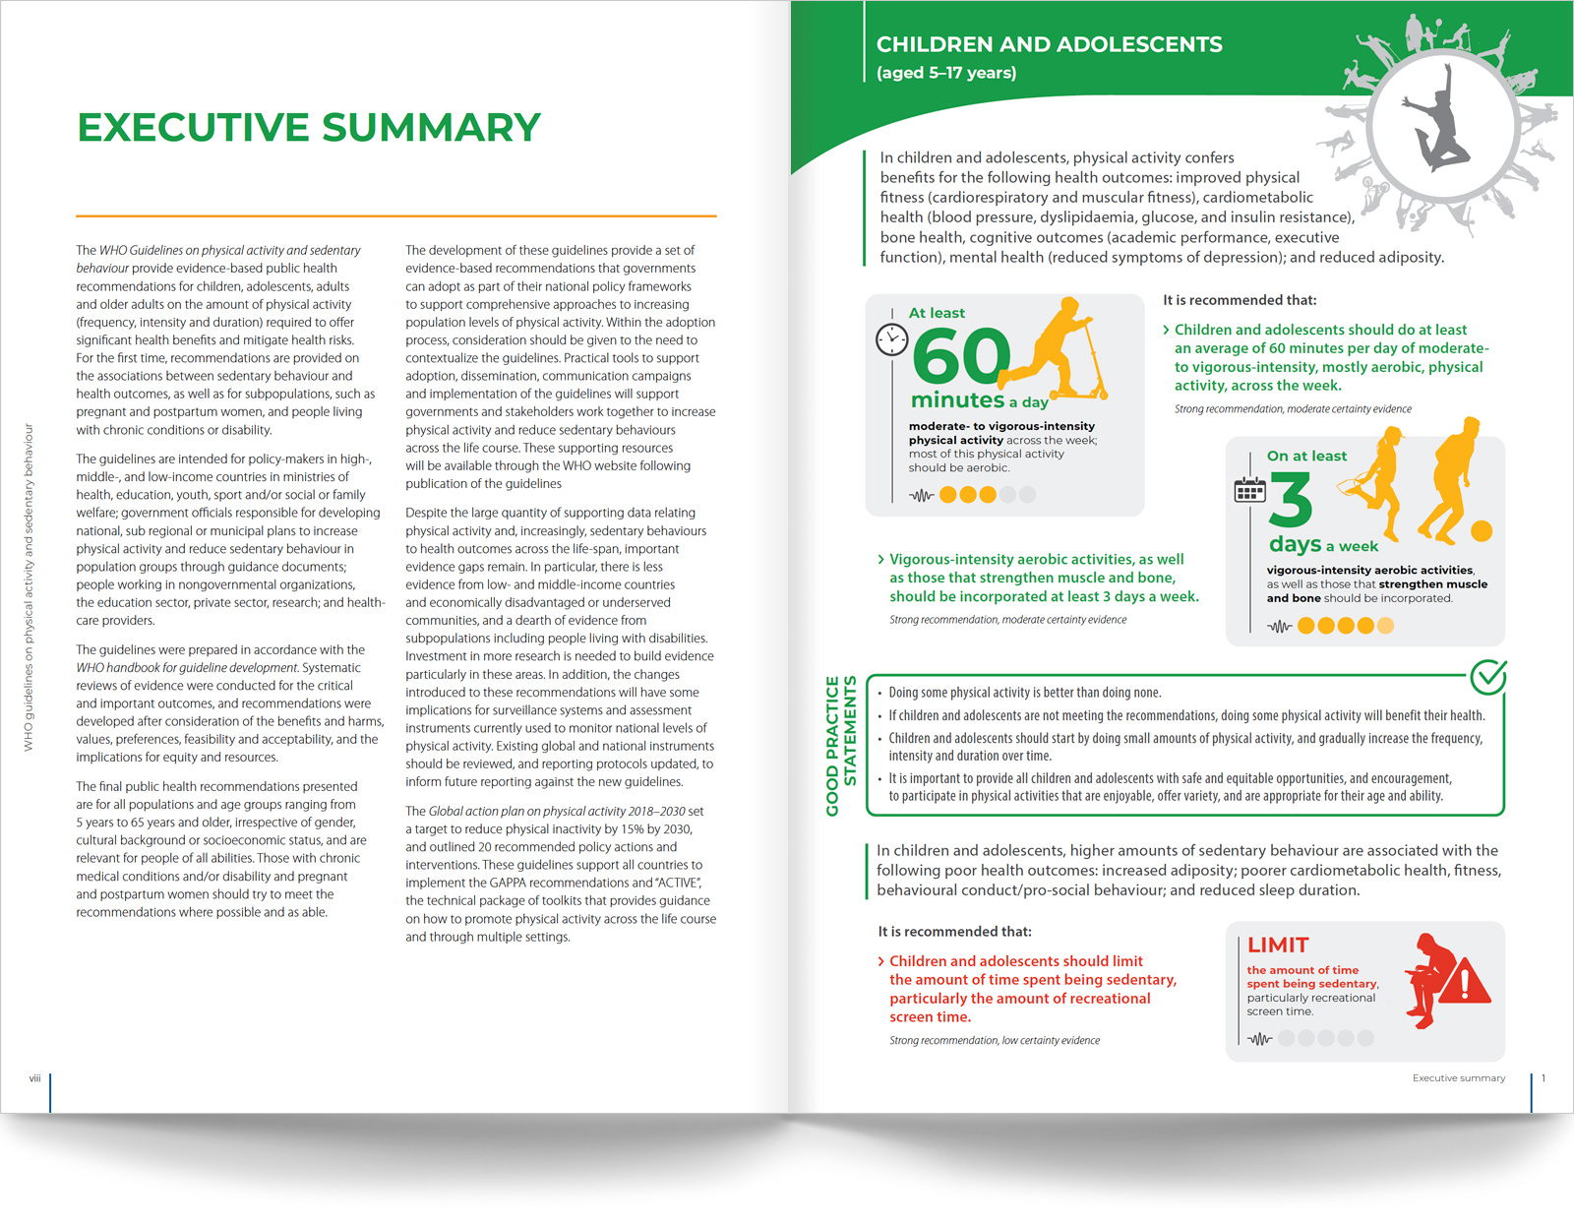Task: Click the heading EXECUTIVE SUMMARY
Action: coord(309,128)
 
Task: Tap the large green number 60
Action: coord(960,356)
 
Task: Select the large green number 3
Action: coord(1291,501)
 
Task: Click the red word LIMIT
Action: coord(1278,946)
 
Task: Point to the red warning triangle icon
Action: coord(1466,982)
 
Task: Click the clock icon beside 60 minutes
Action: coord(891,339)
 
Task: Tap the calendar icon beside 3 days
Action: coord(1249,489)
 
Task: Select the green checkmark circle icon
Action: coord(1488,676)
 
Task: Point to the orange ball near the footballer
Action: coord(1482,531)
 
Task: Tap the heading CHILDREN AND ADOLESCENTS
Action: coord(1049,45)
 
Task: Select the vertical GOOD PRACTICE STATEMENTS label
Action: coord(841,746)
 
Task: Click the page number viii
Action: coord(34,1078)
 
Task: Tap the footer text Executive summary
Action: coord(1458,1078)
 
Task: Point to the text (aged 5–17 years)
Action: coord(946,73)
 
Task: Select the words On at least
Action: coord(1306,457)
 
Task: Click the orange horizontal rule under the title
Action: coord(395,215)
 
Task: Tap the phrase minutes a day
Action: coord(979,400)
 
